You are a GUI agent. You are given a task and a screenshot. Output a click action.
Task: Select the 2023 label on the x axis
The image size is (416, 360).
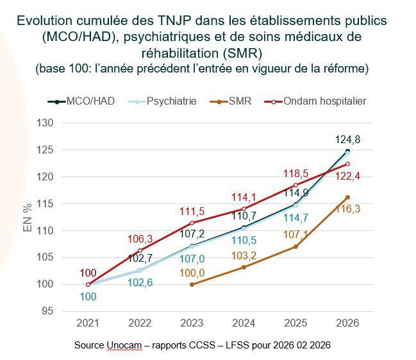(x=192, y=322)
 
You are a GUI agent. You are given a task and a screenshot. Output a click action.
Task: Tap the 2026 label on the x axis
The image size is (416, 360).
(x=347, y=322)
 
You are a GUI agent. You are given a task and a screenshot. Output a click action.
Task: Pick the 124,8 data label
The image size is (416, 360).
(x=347, y=139)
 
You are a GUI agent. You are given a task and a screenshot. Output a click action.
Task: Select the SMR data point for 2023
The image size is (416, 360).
(x=192, y=284)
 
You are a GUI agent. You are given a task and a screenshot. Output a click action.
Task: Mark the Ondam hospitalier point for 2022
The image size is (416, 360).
(x=140, y=250)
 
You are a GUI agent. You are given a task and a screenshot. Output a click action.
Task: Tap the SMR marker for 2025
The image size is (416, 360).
(x=295, y=246)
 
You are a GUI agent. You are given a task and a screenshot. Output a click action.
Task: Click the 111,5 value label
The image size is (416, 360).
(x=192, y=211)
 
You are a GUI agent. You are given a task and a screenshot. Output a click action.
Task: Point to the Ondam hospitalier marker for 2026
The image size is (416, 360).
(x=347, y=164)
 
